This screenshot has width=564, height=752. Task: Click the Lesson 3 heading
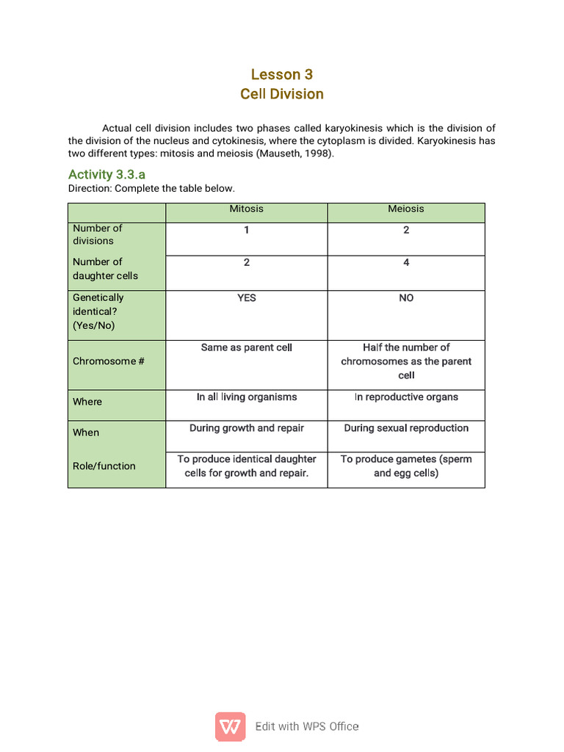pos(281,74)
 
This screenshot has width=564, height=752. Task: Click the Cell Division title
pos(281,94)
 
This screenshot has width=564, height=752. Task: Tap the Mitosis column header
pos(246,209)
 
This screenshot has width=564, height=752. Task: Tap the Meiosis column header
pos(406,209)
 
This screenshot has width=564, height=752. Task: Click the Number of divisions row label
pos(97,234)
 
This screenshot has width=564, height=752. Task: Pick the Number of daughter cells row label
pos(105,269)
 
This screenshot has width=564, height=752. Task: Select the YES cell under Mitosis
pos(246,298)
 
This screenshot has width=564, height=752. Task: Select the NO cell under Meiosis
pos(406,298)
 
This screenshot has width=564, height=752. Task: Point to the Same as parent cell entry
pos(246,347)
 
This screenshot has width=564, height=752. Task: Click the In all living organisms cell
pos(246,397)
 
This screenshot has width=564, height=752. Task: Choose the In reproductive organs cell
pos(406,397)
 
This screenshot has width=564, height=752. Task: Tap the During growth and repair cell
pos(246,428)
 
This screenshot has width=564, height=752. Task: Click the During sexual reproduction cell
pos(406,428)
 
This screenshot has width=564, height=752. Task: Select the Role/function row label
pos(104,466)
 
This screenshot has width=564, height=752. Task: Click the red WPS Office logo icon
pos(231,726)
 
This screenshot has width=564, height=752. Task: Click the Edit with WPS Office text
pos(307,727)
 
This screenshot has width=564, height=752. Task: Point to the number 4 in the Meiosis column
pos(406,263)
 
